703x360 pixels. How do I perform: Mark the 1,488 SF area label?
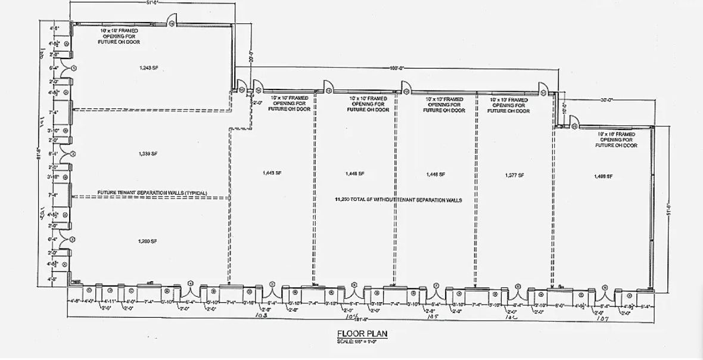[603, 176]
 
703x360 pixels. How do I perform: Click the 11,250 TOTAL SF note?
[399, 200]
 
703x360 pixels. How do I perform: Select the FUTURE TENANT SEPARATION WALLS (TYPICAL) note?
[153, 193]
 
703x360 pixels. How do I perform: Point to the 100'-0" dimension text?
[397, 69]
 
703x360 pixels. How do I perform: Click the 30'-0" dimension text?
[607, 100]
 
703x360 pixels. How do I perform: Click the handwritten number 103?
[260, 314]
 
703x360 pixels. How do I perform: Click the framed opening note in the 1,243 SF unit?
[119, 36]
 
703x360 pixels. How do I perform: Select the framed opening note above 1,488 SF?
[618, 140]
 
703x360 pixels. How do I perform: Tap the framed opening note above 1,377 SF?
[510, 105]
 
